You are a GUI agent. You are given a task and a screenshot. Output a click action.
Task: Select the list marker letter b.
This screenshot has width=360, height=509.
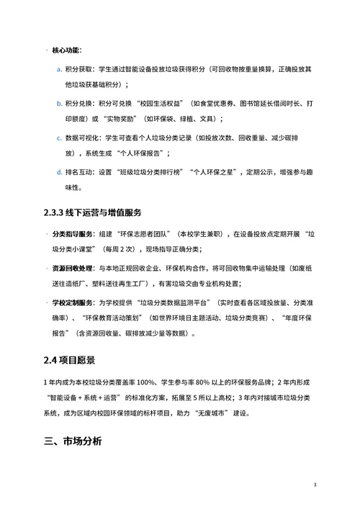tap(58, 104)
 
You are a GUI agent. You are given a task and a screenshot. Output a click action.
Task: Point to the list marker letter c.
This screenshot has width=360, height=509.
tap(58, 137)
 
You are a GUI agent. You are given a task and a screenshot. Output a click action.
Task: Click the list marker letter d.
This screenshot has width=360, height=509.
tap(58, 173)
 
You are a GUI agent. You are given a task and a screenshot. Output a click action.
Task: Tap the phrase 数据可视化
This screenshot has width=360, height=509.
tap(82, 137)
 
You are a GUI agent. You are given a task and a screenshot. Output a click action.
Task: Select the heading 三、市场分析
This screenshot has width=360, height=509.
tap(73, 441)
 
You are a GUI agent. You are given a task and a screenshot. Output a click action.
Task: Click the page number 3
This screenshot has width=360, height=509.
tap(315, 485)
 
